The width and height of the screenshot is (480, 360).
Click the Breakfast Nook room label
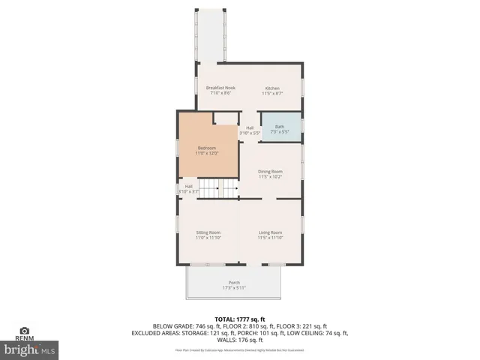220,88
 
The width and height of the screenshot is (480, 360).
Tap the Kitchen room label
271,88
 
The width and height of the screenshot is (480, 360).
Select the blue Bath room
280,127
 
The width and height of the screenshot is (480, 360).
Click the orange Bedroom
207,150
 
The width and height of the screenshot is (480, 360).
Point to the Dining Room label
270,171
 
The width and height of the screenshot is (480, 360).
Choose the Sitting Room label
208,232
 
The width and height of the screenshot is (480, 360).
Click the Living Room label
270,232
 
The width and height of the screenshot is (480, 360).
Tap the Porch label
234,283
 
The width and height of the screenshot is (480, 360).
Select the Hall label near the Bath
249,127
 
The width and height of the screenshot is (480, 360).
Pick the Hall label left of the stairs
188,187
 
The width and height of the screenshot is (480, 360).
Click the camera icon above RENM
25,331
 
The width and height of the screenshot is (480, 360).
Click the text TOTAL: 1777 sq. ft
240,319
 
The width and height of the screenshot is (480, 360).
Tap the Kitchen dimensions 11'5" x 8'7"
271,94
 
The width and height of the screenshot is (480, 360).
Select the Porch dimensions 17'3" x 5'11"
234,288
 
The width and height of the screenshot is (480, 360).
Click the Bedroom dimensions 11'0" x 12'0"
207,153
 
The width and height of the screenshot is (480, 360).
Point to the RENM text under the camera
25,339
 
